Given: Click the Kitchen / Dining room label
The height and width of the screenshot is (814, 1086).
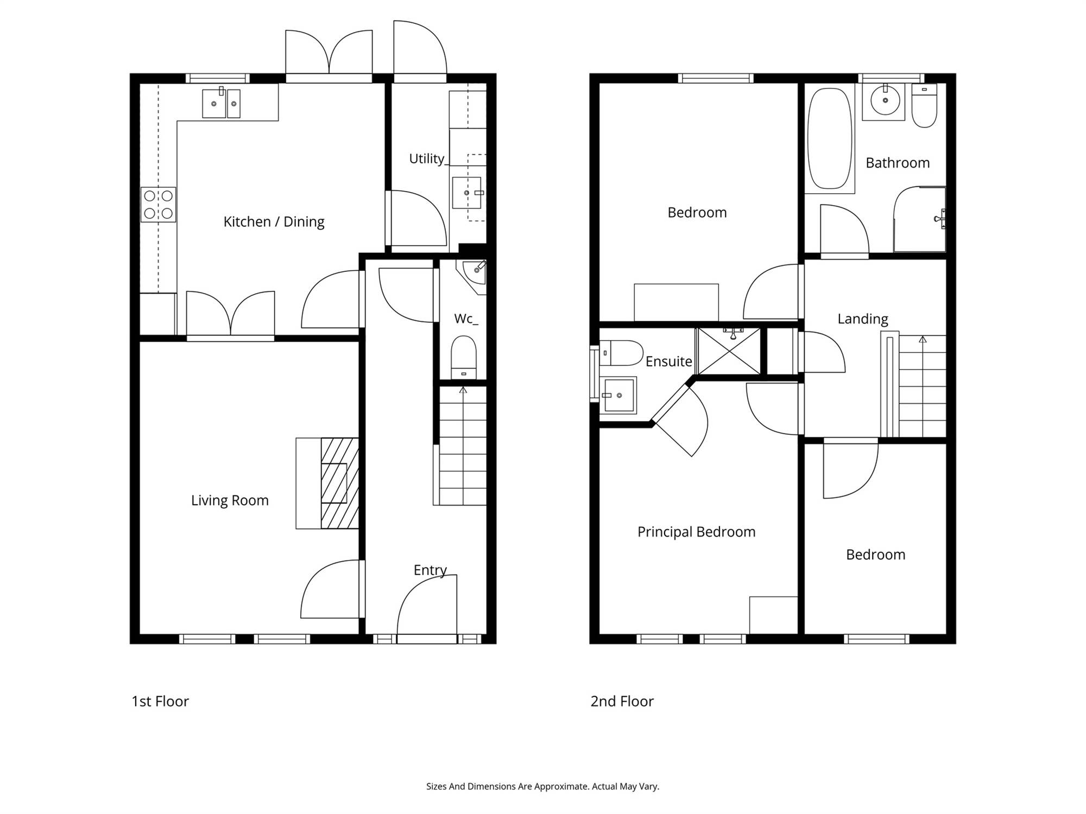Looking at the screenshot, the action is coord(274,222).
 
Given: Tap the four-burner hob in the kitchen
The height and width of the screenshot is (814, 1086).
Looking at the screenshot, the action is coord(158,205).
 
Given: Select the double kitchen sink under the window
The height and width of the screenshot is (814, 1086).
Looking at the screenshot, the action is coord(221,103).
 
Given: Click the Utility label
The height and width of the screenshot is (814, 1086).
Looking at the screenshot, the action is coord(426,158).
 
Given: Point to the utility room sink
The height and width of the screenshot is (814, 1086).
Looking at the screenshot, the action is coord(467,193).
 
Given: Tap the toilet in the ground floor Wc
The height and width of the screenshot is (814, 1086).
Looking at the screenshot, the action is coord(463,357).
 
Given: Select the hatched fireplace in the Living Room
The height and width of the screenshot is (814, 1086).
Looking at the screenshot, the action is coord(339,483).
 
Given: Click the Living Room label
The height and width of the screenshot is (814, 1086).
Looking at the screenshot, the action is coord(230,500).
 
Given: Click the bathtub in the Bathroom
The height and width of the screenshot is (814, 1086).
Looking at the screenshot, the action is coord(830,138).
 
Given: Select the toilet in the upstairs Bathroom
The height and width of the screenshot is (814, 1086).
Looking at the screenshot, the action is coord(924,105).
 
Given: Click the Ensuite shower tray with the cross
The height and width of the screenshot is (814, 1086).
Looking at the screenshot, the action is coord(729,351).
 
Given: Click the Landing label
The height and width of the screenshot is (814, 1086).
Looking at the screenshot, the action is coord(863,319).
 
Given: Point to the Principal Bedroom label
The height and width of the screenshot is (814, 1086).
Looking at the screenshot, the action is coord(696,532).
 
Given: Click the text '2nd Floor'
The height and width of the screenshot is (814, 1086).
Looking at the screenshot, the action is coord(622,701).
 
